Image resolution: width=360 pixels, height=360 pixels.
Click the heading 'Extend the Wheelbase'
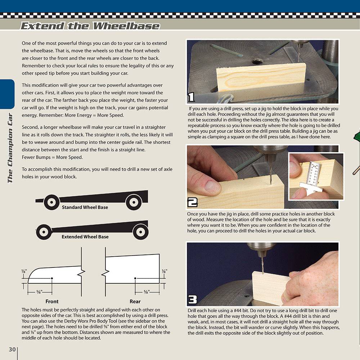pos(90,26)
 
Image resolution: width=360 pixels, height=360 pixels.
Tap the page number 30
pos(12,350)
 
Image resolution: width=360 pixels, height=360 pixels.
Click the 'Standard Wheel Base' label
pos(85,207)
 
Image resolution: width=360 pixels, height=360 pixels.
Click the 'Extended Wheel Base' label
pos(85,237)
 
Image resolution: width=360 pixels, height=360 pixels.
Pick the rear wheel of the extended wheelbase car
pos(140,232)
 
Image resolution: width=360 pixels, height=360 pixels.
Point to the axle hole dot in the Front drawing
pos(52,278)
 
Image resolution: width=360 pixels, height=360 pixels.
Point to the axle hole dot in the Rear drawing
pos(135,278)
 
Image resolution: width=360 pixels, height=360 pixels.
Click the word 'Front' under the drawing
pos(52,301)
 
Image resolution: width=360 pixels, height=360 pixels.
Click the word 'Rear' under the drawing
pos(135,301)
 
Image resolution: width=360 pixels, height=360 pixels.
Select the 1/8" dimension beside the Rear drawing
pos(164,271)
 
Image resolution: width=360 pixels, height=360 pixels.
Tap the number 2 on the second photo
pos(192,203)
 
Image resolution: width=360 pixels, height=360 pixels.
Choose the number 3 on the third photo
pos(192,300)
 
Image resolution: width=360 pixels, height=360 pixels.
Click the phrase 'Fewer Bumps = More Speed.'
pos(52,157)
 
